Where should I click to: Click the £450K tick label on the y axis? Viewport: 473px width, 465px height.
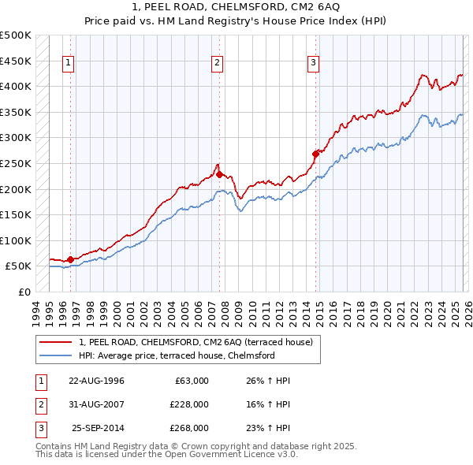click(16, 61)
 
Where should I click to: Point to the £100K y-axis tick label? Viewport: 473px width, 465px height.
click(16, 240)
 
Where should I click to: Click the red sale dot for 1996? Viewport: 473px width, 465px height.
click(71, 259)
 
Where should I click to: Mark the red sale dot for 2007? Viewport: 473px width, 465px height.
click(219, 174)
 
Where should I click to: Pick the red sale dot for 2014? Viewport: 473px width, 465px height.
click(315, 154)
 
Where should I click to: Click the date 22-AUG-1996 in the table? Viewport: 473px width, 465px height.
click(96, 381)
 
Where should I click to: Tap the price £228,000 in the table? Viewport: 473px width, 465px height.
click(188, 404)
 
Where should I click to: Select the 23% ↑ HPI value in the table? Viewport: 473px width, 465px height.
click(268, 428)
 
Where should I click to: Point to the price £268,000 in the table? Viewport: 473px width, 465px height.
click(188, 428)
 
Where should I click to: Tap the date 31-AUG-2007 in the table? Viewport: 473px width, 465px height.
click(96, 404)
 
